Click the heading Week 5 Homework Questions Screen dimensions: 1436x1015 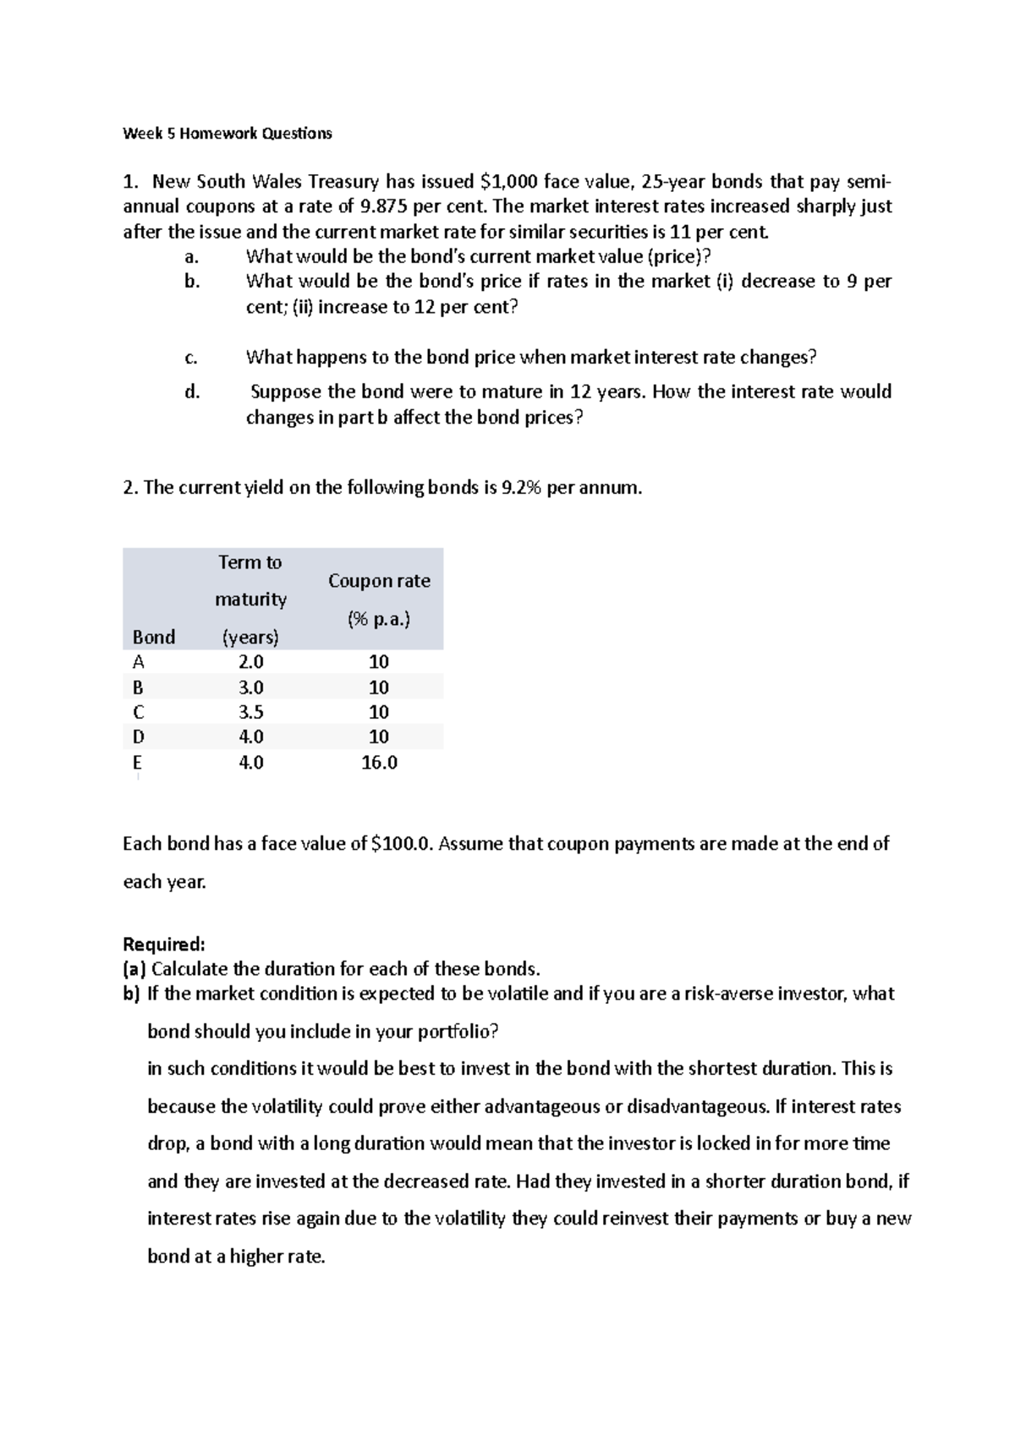[x=228, y=133]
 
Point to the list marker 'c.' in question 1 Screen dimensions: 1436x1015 [x=190, y=358]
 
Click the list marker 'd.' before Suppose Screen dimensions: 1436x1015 [x=191, y=392]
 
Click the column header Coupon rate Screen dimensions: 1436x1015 [x=379, y=581]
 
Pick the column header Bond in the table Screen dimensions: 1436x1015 [x=154, y=637]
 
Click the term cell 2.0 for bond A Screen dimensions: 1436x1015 [x=251, y=661]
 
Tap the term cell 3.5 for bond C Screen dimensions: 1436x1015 [x=251, y=712]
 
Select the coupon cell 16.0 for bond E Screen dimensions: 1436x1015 [x=379, y=763]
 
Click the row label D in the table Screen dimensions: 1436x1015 [x=139, y=737]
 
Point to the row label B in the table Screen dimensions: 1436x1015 [x=139, y=687]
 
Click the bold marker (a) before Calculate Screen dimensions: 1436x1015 [x=134, y=968]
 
